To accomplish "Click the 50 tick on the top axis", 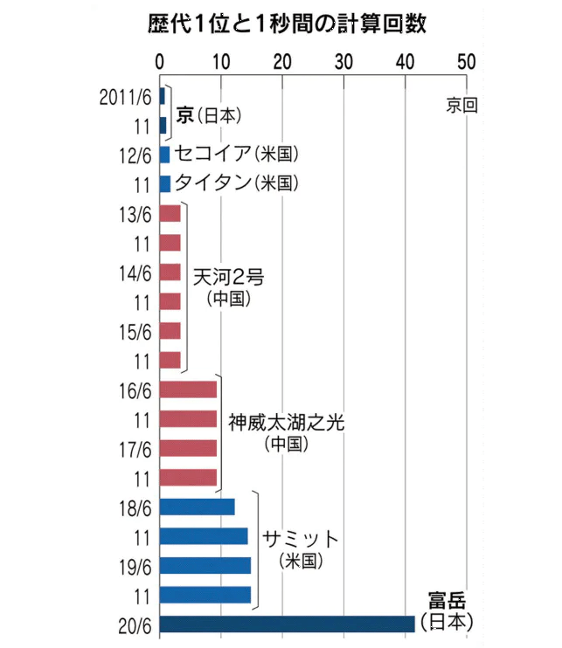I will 466,62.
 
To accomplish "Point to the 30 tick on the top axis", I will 343,62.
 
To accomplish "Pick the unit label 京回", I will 461,105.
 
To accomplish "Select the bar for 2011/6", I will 163,95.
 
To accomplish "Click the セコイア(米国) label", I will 237,155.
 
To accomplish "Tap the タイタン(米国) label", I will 237,183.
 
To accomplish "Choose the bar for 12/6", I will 165,155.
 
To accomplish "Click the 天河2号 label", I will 229,278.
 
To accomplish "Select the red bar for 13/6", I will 170,214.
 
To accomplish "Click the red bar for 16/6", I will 189,389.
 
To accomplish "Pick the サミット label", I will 302,537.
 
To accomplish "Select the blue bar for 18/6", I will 198,507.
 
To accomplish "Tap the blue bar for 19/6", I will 205,565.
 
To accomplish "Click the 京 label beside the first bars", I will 184,114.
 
